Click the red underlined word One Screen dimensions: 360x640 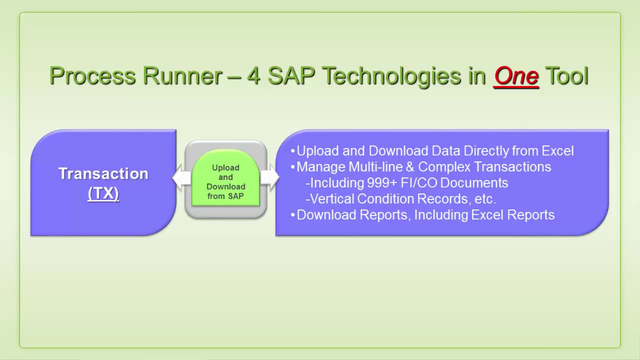click(x=516, y=76)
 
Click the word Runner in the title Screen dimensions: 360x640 click(x=182, y=76)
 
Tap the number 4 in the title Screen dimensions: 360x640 click(x=253, y=76)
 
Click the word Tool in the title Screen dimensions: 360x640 click(x=566, y=76)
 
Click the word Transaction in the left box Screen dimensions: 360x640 click(x=103, y=173)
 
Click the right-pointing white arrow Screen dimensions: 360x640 click(x=270, y=178)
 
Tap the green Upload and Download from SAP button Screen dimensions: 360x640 click(x=225, y=181)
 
